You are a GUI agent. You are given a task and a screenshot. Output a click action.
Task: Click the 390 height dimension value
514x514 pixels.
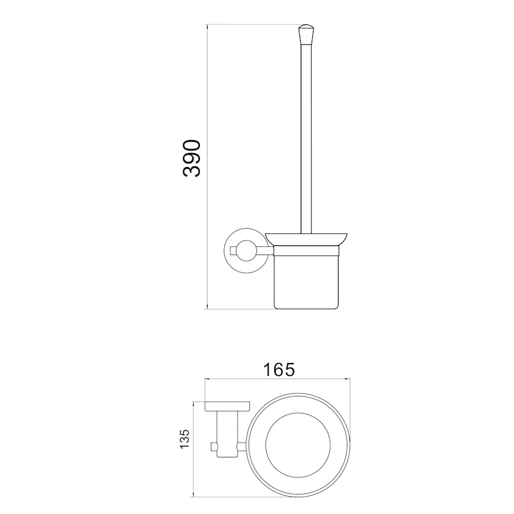(x=191, y=159)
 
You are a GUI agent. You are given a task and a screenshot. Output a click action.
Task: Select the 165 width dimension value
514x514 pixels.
(x=279, y=369)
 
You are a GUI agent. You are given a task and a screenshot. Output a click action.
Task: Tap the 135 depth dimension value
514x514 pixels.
(x=184, y=439)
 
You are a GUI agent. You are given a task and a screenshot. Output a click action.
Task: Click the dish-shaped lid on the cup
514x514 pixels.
(x=307, y=239)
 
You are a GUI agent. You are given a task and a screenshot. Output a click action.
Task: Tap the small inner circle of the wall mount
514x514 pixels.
(x=245, y=251)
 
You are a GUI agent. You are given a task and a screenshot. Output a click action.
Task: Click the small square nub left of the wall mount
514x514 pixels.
(x=233, y=251)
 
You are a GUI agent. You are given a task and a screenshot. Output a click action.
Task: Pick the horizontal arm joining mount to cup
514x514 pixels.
(x=264, y=251)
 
